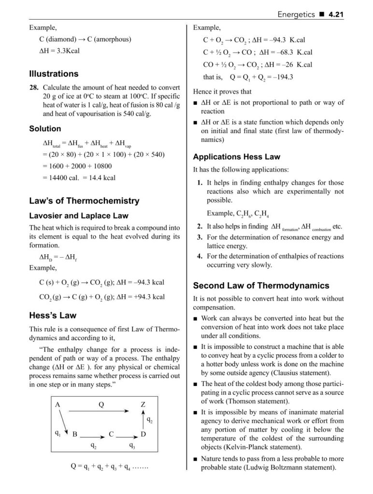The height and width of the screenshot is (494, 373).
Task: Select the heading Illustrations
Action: coord(54,74)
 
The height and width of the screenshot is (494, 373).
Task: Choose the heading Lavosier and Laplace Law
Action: coord(79,216)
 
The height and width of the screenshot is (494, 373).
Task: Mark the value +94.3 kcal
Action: coord(147,297)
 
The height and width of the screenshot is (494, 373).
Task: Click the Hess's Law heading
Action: coord(53,316)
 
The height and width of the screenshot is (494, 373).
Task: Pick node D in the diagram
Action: coord(143,434)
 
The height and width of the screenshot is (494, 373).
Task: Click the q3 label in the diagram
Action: coord(132,446)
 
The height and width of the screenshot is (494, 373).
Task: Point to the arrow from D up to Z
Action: coord(143,420)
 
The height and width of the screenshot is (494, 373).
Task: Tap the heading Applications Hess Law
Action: coord(236,157)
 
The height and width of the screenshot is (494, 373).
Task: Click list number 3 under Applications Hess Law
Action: coord(200,237)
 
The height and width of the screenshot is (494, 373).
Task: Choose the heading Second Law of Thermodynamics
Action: coord(261,285)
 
